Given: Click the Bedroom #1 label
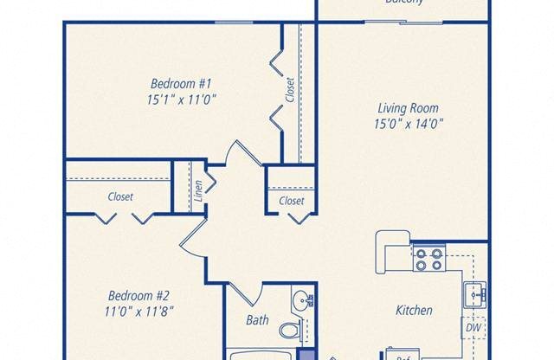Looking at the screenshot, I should pos(182,84).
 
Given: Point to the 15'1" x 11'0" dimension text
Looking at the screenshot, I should pos(182,100).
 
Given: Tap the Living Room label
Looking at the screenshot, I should pos(408,108).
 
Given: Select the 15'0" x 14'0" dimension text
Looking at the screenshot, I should pos(408,124).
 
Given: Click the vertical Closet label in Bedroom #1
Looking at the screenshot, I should pos(290,90).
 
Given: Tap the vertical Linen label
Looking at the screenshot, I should pos(199,191).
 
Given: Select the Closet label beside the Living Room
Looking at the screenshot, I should pos(292,201).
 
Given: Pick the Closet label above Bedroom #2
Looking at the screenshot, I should pos(120,196).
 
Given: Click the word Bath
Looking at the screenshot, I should pos(257,320).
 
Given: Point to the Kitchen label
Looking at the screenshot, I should pos(414,310).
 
